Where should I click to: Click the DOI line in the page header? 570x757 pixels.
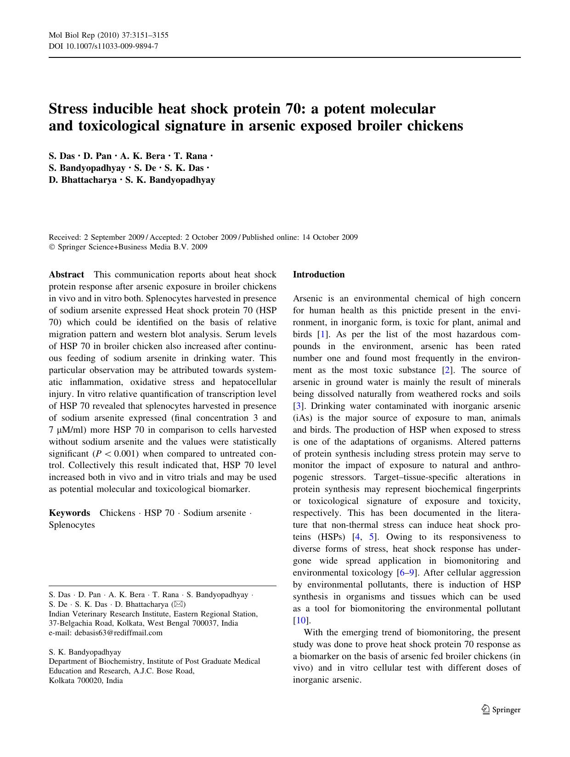103,46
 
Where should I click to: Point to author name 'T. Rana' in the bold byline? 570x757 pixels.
190,156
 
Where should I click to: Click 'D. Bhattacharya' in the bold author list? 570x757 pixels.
83,180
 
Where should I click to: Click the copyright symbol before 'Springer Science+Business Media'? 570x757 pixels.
52,247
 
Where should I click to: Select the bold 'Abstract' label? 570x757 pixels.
66,275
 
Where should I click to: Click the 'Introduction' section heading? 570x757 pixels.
319,275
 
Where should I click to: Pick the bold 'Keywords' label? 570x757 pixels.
69,513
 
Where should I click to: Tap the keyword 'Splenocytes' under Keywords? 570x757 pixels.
72,525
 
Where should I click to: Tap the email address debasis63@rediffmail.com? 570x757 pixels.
119,633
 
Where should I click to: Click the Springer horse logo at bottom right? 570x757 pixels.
485,710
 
